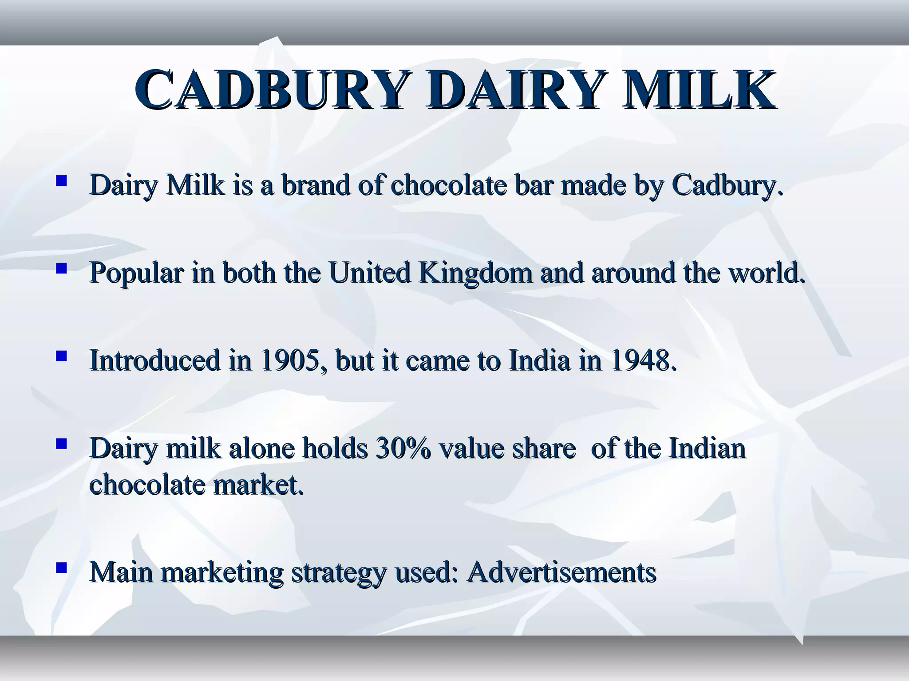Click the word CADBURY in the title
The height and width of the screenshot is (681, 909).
[x=269, y=90]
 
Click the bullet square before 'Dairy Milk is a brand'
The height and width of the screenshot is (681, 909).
[x=61, y=180]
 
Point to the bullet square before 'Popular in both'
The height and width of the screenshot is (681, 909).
[x=61, y=268]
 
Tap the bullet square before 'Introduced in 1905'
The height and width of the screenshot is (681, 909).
[x=61, y=356]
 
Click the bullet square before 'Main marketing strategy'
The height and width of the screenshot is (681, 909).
[x=61, y=567]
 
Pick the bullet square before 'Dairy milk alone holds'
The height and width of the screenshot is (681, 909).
[x=61, y=444]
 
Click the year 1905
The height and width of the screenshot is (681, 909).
[x=290, y=360]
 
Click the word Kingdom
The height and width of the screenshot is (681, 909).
[x=475, y=273]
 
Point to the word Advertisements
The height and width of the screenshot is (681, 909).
[x=562, y=572]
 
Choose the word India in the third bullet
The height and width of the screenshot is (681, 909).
[x=539, y=360]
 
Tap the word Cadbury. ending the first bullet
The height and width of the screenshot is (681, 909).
[x=727, y=185]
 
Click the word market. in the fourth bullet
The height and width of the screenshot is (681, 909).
[x=259, y=485]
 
